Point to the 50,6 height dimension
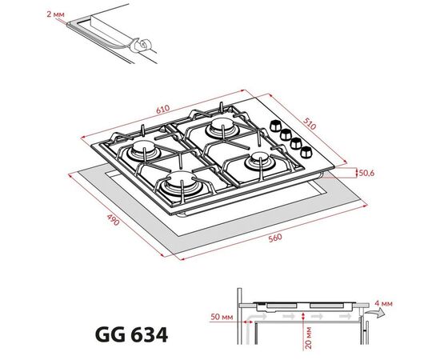(366, 171)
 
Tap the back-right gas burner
(218, 126)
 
